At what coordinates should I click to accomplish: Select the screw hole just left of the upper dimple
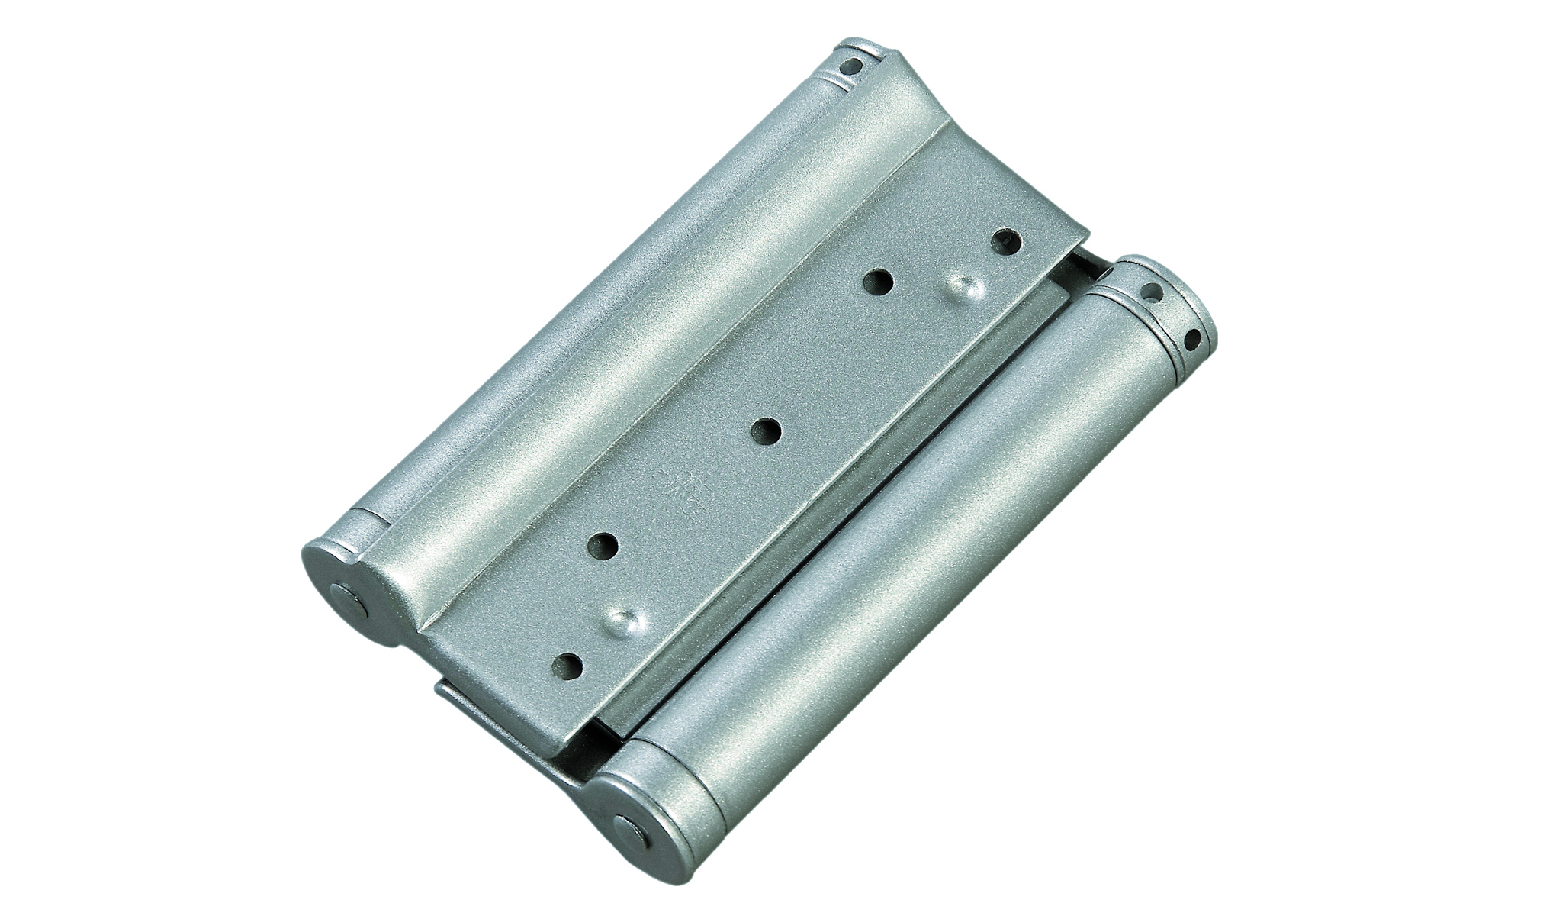[879, 283]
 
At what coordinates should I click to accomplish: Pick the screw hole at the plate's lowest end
[569, 666]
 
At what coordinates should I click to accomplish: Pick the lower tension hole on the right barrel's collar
[1191, 339]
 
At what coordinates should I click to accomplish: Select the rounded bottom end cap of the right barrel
[633, 801]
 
